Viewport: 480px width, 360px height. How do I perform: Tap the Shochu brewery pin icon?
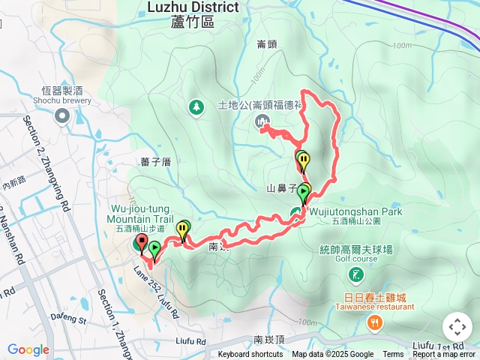[x=61, y=116]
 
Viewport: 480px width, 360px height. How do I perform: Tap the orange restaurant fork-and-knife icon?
[x=373, y=322]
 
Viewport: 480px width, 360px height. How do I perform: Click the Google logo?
[x=28, y=349]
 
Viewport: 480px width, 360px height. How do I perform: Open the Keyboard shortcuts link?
[x=250, y=355]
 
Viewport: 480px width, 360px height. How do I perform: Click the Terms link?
[x=393, y=355]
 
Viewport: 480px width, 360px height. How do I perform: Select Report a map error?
[x=444, y=355]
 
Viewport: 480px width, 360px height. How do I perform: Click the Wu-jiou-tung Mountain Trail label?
[x=140, y=213]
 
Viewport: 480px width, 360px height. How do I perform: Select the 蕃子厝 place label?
[x=156, y=161]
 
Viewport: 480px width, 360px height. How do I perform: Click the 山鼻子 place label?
[x=282, y=187]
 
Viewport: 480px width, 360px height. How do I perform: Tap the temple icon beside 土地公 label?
[x=262, y=121]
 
